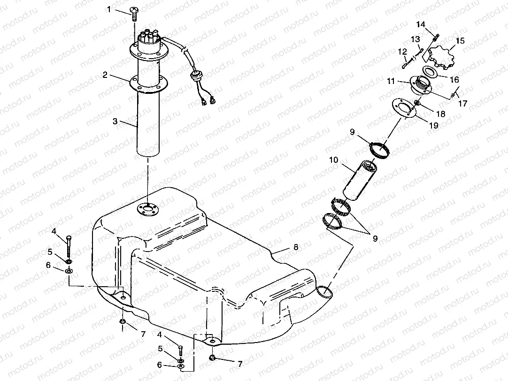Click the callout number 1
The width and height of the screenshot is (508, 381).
click(x=109, y=9)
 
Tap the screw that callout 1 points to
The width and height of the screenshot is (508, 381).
click(x=134, y=13)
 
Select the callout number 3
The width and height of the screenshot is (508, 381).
click(x=115, y=121)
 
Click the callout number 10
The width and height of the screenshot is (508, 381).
click(x=334, y=160)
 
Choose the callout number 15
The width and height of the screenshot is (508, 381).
click(x=460, y=41)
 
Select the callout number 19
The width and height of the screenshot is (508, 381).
click(x=433, y=126)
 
